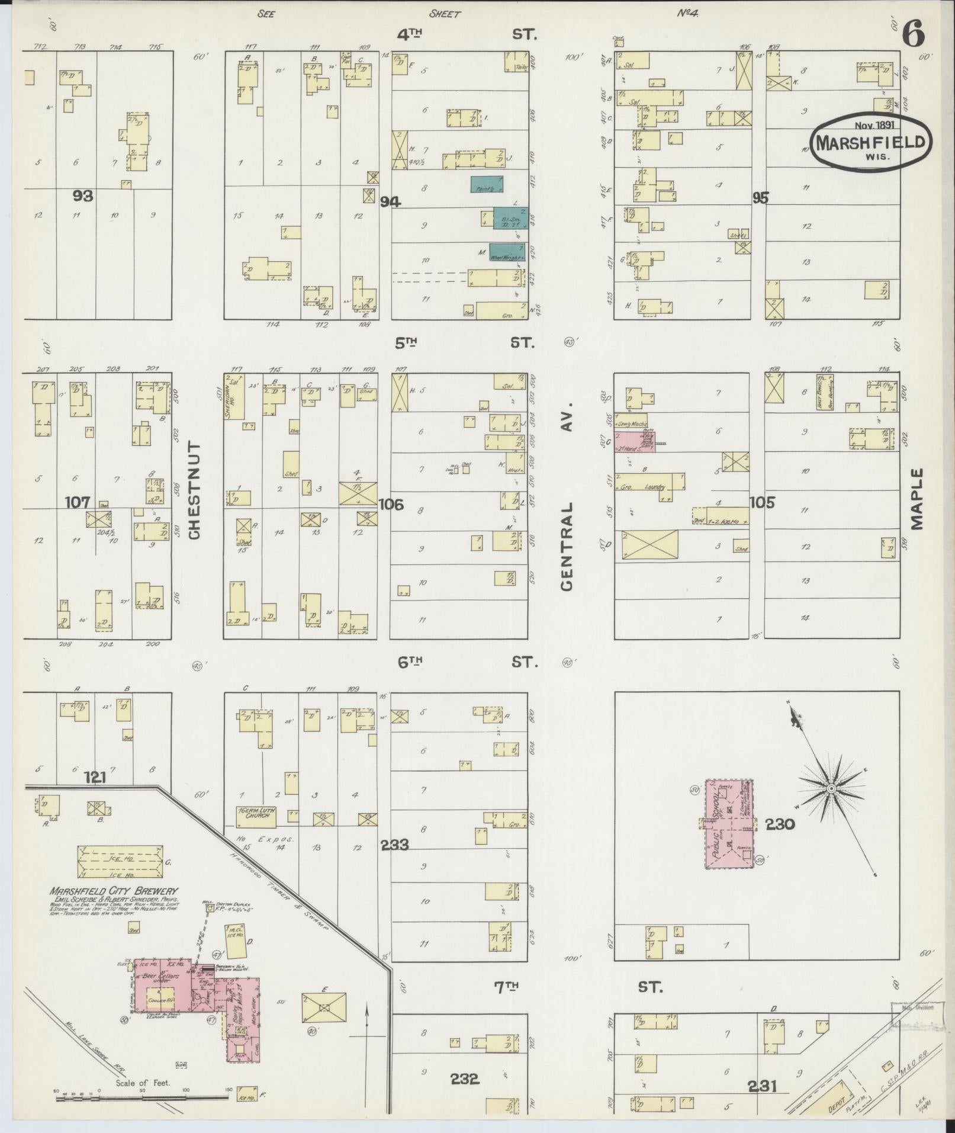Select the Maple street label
pyautogui.click(x=917, y=499)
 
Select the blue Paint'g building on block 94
pyautogui.click(x=487, y=184)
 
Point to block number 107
pyautogui.click(x=78, y=502)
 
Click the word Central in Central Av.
pyautogui.click(x=567, y=546)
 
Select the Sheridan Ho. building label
pyautogui.click(x=228, y=396)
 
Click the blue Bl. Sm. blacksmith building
pyautogui.click(x=510, y=219)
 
